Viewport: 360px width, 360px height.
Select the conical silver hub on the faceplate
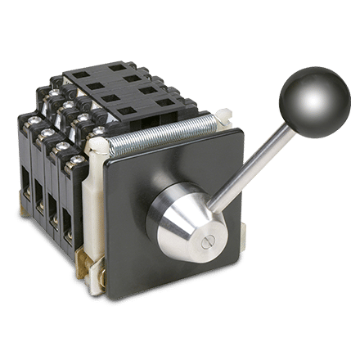184,218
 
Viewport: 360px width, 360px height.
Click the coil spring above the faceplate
172,136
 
